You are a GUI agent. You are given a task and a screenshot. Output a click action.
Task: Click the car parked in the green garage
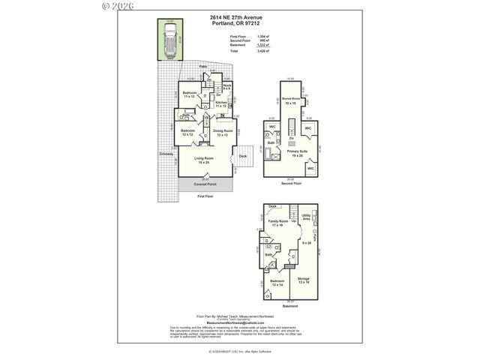(172, 41)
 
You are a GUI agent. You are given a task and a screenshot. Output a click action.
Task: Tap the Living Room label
(204, 159)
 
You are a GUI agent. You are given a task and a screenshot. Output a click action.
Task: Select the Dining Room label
(223, 132)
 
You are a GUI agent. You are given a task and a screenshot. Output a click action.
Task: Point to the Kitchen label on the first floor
(221, 103)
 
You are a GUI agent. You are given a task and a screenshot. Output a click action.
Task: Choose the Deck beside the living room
(242, 157)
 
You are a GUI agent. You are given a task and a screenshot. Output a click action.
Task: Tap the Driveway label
(166, 154)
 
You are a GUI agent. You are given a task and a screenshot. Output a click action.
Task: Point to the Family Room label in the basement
(278, 222)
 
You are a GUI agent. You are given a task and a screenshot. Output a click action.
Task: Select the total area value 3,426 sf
(262, 50)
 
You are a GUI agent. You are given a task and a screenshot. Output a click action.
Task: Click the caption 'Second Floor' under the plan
(291, 183)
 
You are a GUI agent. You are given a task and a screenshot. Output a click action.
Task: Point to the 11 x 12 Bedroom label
(189, 94)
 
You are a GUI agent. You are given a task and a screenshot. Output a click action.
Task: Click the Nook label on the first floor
(226, 87)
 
